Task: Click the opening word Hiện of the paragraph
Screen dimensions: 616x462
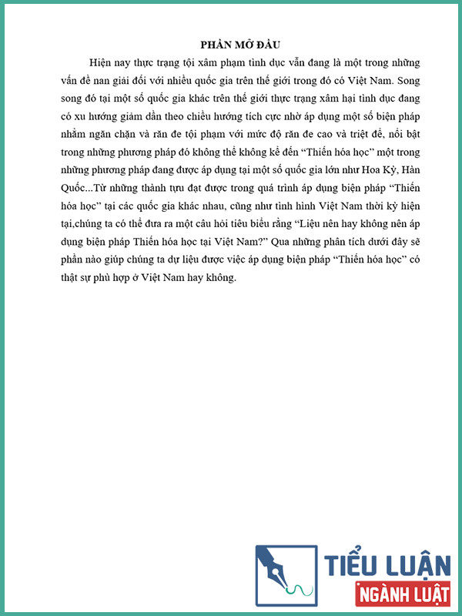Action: pos(102,62)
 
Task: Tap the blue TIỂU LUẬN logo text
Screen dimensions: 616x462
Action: pos(387,565)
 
